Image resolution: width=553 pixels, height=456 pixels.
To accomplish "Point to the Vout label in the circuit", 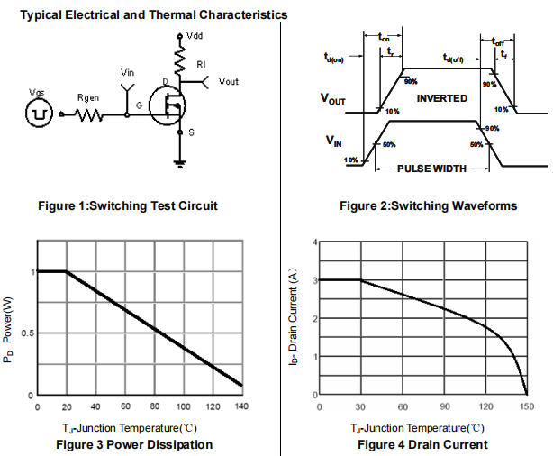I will point(231,82).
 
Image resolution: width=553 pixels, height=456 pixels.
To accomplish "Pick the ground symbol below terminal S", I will point(180,163).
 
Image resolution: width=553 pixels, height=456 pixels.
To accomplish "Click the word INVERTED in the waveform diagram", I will point(442,97).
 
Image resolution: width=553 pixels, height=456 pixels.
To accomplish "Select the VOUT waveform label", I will point(333,101).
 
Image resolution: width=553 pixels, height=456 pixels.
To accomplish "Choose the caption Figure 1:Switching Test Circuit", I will point(128,205).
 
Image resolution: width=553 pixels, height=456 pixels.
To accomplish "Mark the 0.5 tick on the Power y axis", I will point(25,333).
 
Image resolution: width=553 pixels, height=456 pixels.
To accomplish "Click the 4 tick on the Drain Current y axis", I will point(313,242).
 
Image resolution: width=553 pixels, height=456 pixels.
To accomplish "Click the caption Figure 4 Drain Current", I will point(422,444).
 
